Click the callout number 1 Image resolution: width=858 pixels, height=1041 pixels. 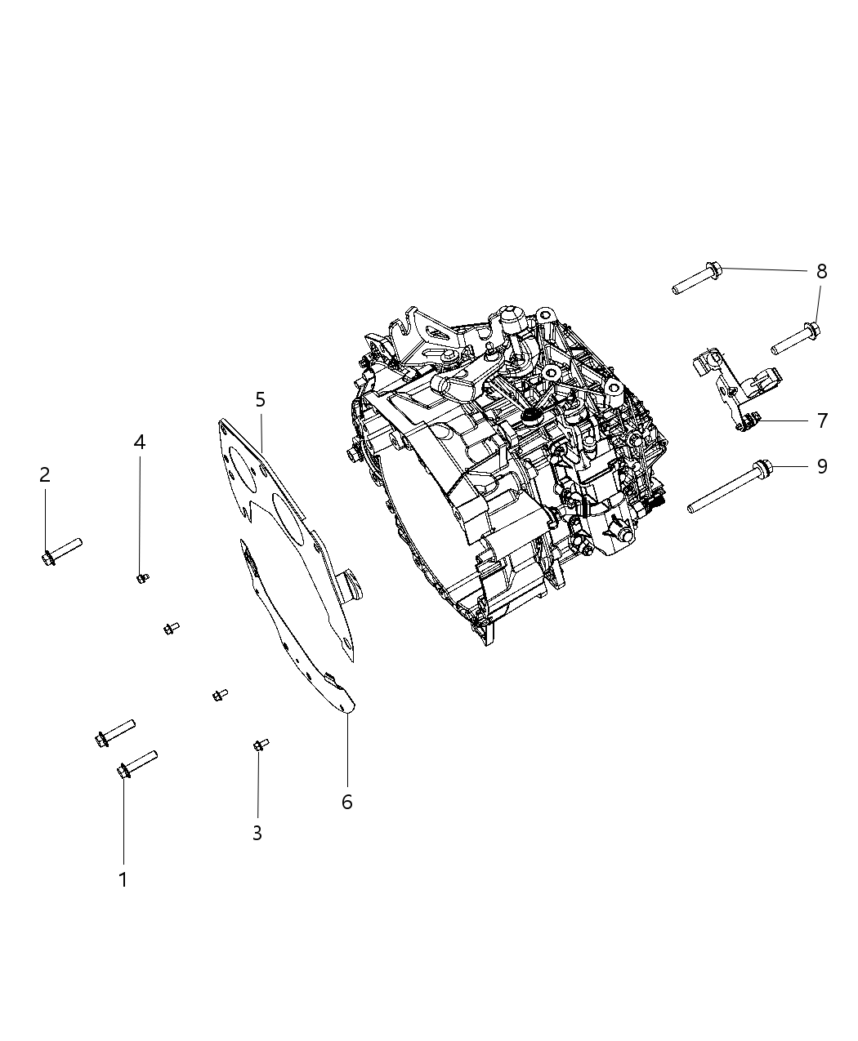[123, 879]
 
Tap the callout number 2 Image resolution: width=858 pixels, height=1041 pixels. [45, 474]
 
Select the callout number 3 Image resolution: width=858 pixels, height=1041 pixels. [257, 834]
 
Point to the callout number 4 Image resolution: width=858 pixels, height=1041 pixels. [140, 443]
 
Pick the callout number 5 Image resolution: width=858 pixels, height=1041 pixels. [260, 399]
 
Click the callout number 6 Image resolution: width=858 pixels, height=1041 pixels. [346, 802]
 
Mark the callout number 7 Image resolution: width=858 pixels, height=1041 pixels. [821, 420]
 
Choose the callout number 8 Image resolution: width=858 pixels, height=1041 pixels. [821, 272]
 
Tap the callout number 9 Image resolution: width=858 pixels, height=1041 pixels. [821, 466]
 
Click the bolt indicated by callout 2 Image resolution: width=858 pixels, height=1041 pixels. [60, 549]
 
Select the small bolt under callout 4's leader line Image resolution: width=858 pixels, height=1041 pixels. [142, 578]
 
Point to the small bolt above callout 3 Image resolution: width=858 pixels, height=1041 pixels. [261, 744]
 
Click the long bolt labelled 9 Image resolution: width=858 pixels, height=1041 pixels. [730, 487]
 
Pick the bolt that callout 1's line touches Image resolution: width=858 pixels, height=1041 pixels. [136, 763]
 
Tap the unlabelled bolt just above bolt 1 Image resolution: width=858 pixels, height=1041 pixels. [114, 732]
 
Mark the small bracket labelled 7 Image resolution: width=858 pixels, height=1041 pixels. [736, 388]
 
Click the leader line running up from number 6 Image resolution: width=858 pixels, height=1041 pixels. [347, 751]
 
